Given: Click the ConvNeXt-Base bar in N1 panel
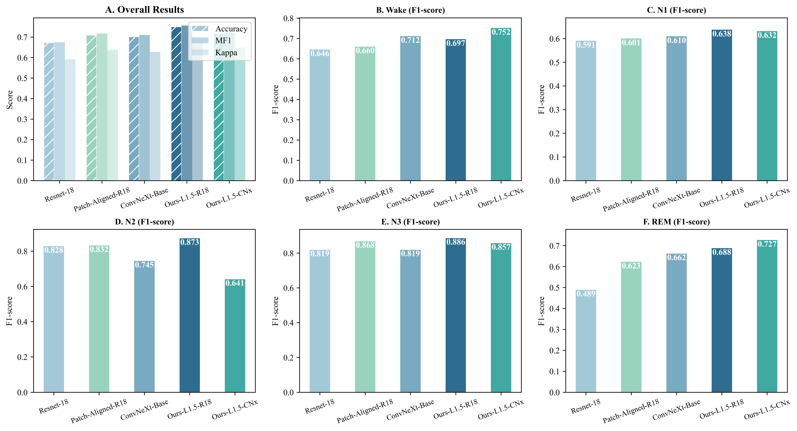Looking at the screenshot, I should tap(676, 108).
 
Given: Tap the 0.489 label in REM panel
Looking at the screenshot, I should tap(586, 294).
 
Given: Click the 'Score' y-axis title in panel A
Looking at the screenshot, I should tap(10, 100).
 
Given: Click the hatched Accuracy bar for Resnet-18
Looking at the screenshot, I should tap(49, 111).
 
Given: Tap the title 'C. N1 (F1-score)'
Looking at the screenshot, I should tap(676, 10).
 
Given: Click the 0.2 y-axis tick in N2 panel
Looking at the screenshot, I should tap(22, 357).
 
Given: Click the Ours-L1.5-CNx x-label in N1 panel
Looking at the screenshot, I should tap(767, 198).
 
